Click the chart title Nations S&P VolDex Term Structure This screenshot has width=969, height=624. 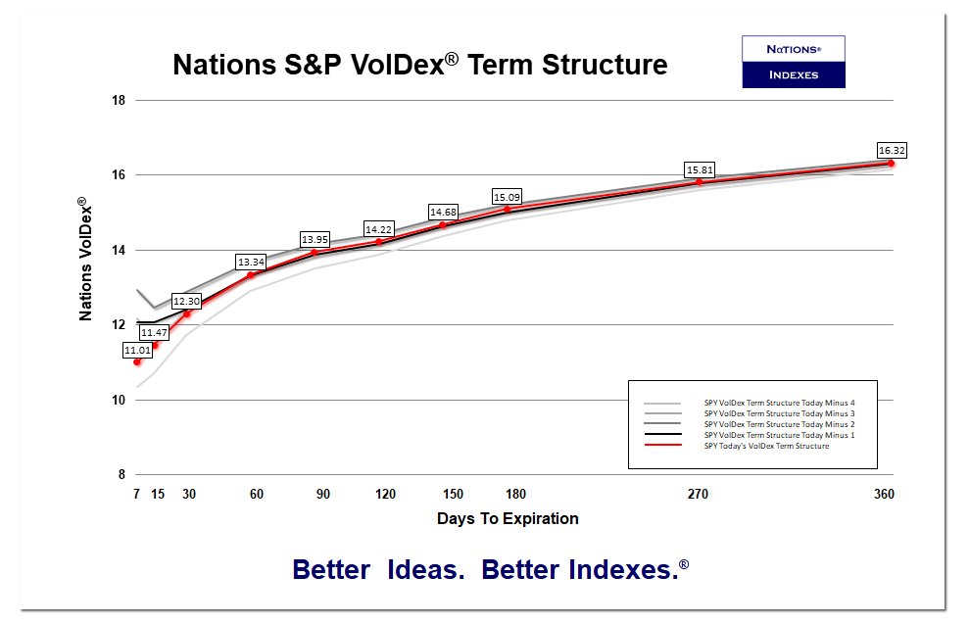[x=419, y=65]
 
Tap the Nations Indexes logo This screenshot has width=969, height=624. [x=793, y=62]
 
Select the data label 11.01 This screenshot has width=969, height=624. [x=137, y=350]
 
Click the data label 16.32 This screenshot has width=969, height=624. [x=892, y=150]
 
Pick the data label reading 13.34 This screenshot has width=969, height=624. [x=251, y=262]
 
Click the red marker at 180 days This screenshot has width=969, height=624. [x=507, y=209]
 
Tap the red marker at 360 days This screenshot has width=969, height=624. [x=891, y=163]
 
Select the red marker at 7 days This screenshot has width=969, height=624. [x=137, y=362]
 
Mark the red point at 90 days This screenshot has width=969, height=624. [x=315, y=253]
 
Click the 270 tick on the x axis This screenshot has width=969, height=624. [x=699, y=495]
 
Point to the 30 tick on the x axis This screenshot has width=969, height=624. [x=189, y=495]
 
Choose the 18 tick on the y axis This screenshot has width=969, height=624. [x=118, y=100]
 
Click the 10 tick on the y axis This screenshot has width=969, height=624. [x=118, y=400]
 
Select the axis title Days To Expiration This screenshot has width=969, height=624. [x=508, y=518]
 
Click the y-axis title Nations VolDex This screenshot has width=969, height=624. [x=86, y=259]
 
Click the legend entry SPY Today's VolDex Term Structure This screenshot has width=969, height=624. [x=766, y=446]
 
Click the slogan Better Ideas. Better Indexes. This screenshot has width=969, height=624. [x=490, y=570]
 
